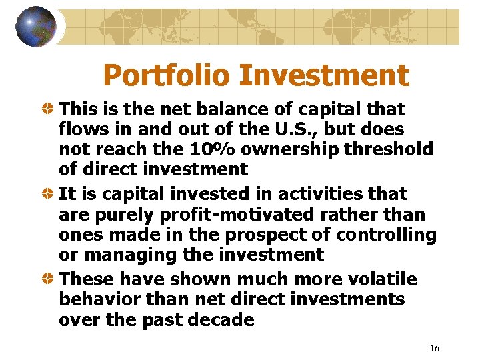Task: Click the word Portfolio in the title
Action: pos(167,75)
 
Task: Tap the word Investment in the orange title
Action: pos(323,75)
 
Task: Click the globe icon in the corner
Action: pos(36,27)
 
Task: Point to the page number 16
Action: pos(435,348)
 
